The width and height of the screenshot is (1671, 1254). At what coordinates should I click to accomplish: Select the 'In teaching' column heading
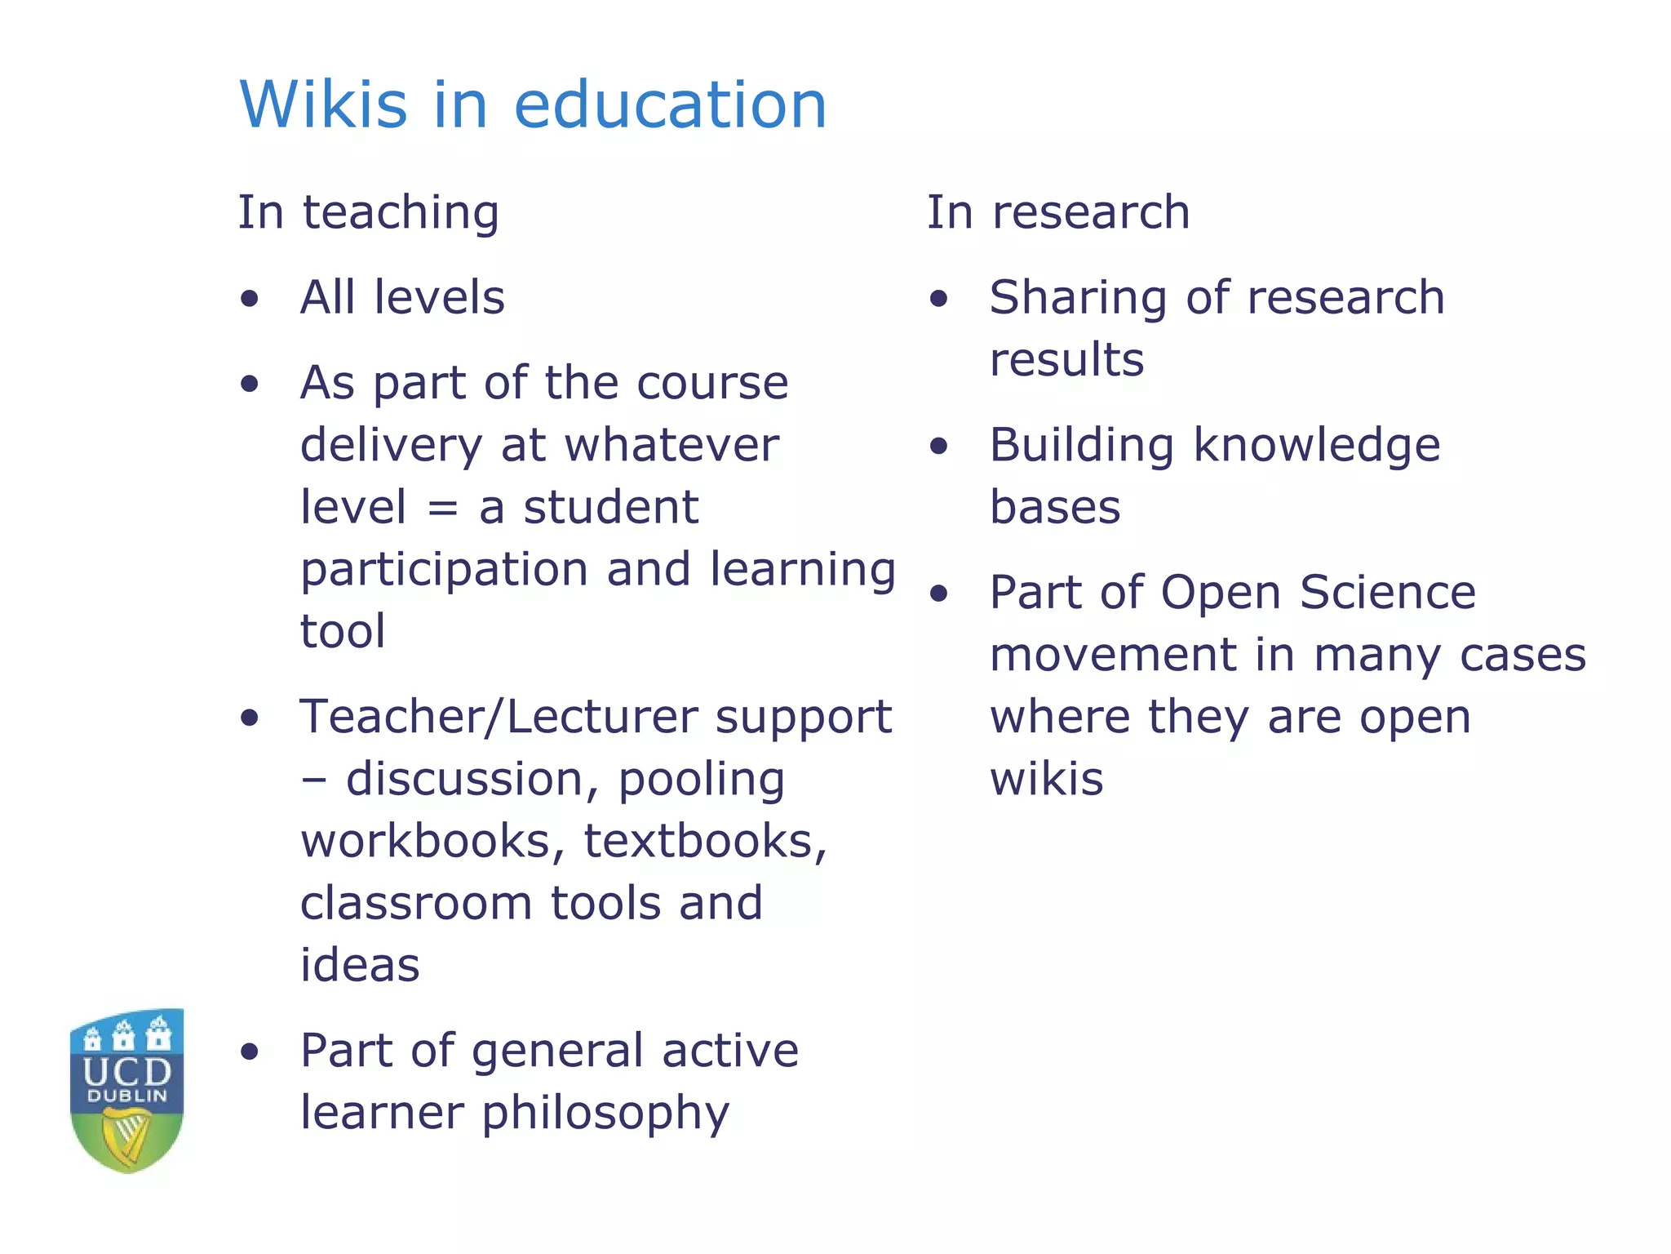[368, 213]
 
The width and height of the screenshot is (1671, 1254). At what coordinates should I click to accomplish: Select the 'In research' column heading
[1058, 213]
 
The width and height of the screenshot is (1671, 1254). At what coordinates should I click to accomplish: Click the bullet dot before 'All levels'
[250, 299]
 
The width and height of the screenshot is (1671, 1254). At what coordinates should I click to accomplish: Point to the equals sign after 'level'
[442, 509]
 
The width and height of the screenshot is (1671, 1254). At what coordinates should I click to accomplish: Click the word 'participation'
[445, 571]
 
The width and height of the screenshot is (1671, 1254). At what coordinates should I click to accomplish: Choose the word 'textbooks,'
[706, 842]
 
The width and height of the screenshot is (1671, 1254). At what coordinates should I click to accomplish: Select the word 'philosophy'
[605, 1114]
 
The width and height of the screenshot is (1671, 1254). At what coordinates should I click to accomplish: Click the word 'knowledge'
[1317, 447]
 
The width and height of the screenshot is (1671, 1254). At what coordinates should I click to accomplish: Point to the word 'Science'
[1388, 593]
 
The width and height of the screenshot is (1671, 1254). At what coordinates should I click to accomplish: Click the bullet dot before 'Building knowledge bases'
[939, 447]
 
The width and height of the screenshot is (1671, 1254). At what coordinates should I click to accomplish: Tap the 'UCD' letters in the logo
[127, 1071]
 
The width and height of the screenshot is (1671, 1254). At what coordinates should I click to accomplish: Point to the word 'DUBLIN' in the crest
[127, 1096]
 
